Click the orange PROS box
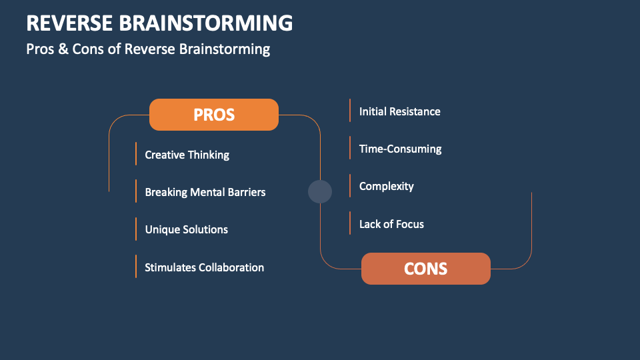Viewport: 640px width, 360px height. point(214,115)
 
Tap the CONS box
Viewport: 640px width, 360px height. point(425,269)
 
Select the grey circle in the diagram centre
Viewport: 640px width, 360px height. point(320,191)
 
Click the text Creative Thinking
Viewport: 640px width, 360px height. point(187,155)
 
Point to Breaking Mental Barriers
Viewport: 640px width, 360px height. point(205,192)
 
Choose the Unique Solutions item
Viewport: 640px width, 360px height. point(186,229)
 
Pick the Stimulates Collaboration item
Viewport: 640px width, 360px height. point(204,267)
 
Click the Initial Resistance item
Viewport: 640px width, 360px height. point(399,111)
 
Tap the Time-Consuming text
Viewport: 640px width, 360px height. point(400,149)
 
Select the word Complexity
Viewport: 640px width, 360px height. point(386,186)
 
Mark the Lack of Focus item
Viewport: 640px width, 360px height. point(391,224)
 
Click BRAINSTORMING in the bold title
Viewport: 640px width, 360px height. point(206,23)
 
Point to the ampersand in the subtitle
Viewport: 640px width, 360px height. point(63,49)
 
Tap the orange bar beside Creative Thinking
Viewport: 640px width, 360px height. point(135,153)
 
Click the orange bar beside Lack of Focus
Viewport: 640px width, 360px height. point(350,223)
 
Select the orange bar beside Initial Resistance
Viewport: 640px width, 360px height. point(350,111)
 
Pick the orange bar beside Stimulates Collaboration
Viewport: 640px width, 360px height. point(135,266)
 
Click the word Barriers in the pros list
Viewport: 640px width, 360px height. point(243,192)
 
